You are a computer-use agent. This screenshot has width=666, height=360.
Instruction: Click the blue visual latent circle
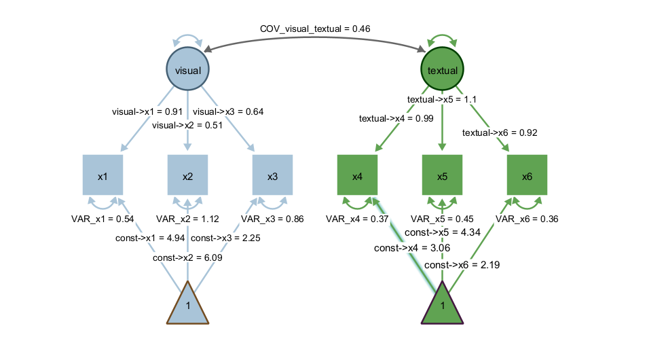pos(188,70)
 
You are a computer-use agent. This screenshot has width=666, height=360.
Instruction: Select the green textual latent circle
pos(443,70)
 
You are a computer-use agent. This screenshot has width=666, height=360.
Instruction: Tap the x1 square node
pos(103,176)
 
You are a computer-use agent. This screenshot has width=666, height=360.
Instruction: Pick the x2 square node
pos(187,176)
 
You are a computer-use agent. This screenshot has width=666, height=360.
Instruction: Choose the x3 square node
pos(272,176)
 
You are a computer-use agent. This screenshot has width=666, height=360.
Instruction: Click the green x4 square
pos(357,176)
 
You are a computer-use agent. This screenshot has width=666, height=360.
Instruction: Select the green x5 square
pos(443,176)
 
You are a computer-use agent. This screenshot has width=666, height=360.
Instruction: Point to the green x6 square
pos(527,176)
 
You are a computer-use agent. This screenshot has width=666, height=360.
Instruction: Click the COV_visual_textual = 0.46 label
pos(315,29)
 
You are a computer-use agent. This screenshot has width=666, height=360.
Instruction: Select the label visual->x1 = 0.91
pos(147,111)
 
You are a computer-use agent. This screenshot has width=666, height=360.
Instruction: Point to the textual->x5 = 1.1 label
pos(442,99)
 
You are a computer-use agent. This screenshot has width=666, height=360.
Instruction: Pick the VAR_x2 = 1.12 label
pos(187,219)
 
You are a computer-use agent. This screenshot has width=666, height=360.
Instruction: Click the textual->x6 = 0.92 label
pos(500,132)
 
